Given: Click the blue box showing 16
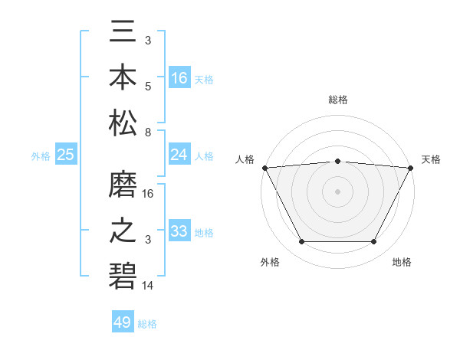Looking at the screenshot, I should click(179, 78).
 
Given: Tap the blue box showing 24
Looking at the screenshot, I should click(179, 155).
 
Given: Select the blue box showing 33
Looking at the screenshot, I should click(179, 231).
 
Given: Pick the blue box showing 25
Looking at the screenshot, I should click(66, 155).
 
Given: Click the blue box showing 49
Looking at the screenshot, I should click(123, 322).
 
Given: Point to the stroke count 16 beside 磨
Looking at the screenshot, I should click(149, 193).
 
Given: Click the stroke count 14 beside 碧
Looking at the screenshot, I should click(149, 286).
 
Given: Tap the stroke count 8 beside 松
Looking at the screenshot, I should click(147, 133).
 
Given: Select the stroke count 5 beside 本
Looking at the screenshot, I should click(148, 86).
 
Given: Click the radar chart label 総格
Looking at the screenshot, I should click(337, 100).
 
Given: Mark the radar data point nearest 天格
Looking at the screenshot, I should click(411, 167).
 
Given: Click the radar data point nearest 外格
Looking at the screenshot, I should click(301, 242).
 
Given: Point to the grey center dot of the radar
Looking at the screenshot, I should click(337, 191).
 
